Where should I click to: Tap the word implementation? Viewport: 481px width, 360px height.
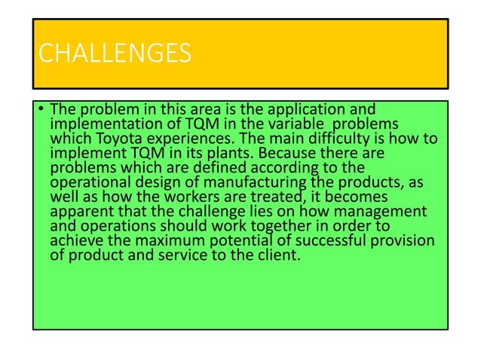(106, 125)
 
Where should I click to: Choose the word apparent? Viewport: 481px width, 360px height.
(81, 206)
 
